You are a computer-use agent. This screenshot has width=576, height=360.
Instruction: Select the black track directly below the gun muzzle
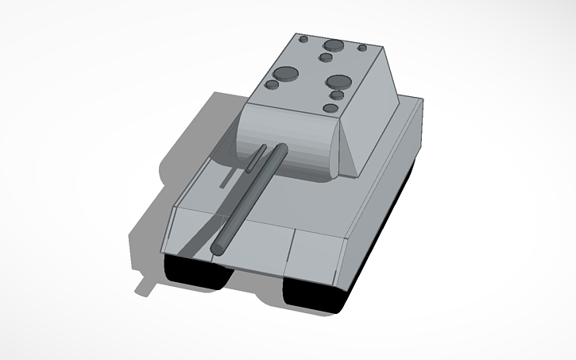click(198, 273)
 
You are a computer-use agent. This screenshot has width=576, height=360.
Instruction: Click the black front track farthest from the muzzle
click(314, 295)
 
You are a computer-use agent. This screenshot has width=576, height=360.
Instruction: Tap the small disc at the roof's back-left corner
click(303, 38)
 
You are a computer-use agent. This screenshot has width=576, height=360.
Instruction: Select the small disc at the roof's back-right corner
click(362, 48)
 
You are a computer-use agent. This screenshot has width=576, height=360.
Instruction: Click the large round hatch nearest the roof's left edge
click(284, 75)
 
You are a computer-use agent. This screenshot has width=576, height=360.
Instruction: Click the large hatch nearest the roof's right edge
click(339, 82)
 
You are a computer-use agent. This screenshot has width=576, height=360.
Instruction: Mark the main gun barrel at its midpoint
click(247, 199)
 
